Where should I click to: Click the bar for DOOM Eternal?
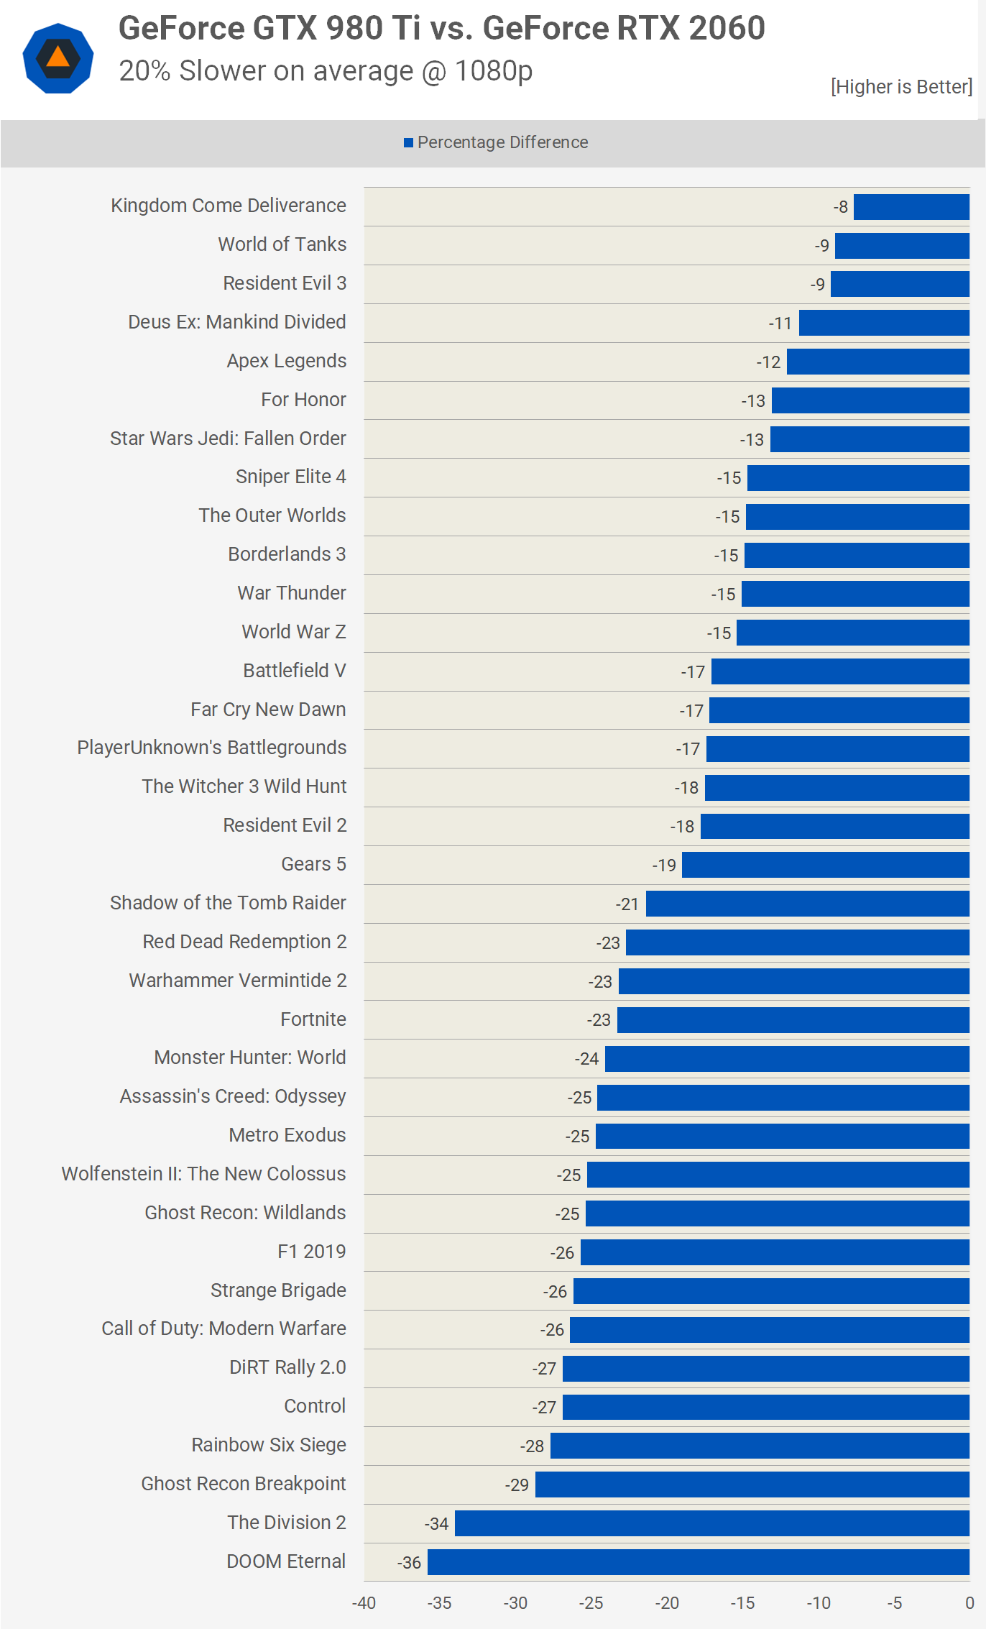[x=698, y=1562]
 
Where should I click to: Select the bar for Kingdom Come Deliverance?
[x=911, y=207]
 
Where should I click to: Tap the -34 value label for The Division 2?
[x=436, y=1524]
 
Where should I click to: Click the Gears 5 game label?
[x=313, y=864]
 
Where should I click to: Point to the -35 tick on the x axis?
[x=439, y=1603]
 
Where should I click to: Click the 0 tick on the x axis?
[x=969, y=1603]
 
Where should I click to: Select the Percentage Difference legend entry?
[x=496, y=142]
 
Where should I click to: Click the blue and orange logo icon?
[x=58, y=58]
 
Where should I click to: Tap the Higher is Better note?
[x=901, y=87]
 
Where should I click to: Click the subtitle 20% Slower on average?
[x=326, y=71]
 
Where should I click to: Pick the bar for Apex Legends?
[x=877, y=362]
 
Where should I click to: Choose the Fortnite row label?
[x=313, y=1019]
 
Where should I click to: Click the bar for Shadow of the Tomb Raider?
[x=807, y=904]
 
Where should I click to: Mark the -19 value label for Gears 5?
[x=664, y=866]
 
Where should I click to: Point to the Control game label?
[x=315, y=1406]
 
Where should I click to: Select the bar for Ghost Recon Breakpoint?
[x=752, y=1485]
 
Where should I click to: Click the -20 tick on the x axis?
[x=667, y=1603]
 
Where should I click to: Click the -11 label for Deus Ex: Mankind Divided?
[x=780, y=323]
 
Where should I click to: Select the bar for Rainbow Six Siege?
[x=760, y=1446]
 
